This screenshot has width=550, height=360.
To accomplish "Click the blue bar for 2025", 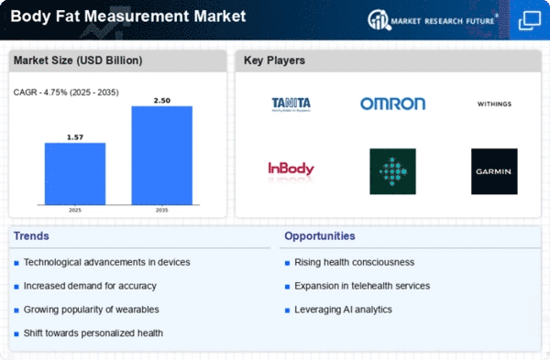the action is point(75,173).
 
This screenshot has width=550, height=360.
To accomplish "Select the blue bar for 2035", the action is point(161,156).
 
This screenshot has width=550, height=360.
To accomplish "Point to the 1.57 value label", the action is point(75,137).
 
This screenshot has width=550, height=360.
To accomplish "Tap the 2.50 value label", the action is point(162,101).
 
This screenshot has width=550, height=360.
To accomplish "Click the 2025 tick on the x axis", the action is point(75,210).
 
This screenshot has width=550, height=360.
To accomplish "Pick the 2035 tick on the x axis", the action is point(161,210).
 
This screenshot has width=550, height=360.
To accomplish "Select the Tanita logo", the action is point(291,104).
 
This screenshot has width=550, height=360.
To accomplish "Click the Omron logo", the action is point(392,104).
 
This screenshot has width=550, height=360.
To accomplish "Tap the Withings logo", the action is point(494,104).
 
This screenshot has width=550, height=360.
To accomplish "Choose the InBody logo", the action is point(291,169).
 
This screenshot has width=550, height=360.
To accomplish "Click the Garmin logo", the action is point(494,171).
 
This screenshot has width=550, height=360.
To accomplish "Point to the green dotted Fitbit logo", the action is point(392,171).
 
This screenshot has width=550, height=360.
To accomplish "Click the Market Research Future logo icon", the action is point(379,20).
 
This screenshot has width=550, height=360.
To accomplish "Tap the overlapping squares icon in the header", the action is point(530,21).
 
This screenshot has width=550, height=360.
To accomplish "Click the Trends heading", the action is point(31,236).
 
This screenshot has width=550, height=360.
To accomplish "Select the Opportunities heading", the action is point(320,236).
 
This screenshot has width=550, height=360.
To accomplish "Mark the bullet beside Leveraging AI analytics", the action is point(287,311).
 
